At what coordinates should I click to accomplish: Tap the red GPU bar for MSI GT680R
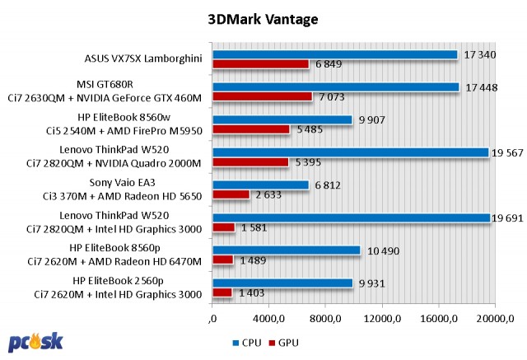[263, 96]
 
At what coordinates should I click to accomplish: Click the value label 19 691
[511, 217]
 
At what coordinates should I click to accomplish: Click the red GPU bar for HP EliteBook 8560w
[251, 129]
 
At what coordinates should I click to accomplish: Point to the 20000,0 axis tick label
[499, 318]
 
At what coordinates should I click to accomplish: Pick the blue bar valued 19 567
[351, 152]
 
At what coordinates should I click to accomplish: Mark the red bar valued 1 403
[222, 292]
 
